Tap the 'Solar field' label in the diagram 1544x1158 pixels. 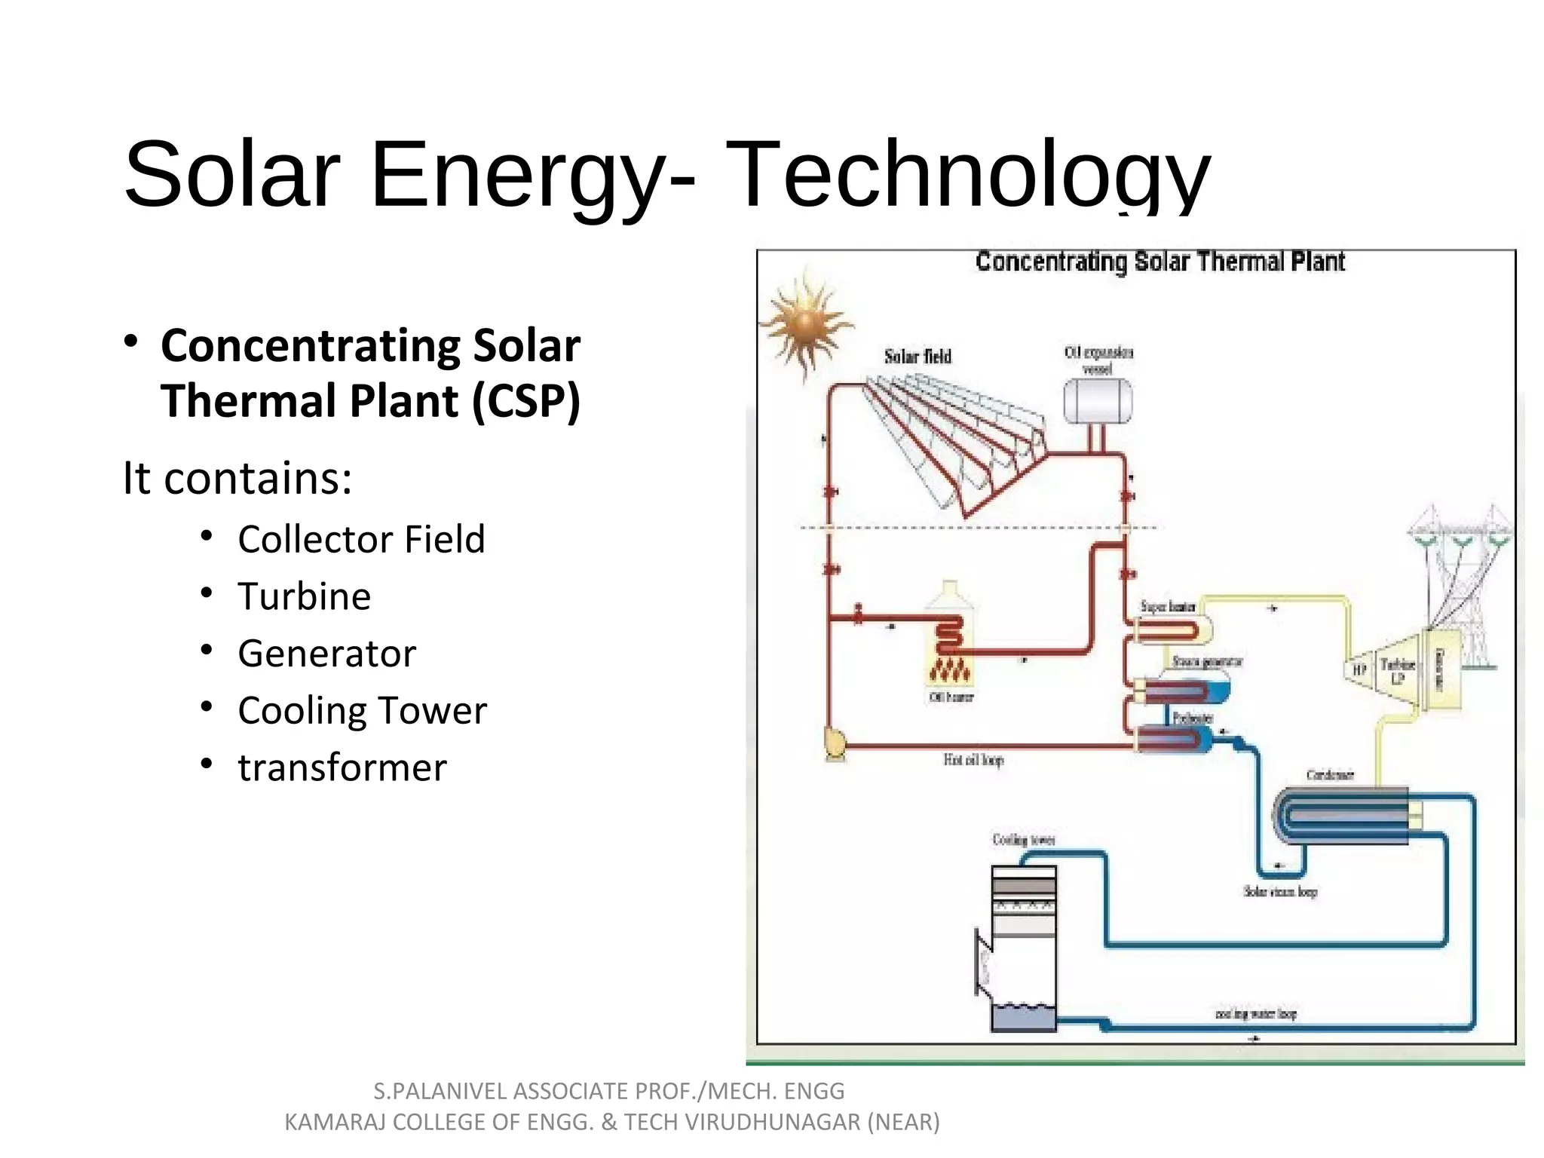pyautogui.click(x=918, y=357)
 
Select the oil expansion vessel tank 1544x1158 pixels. pyautogui.click(x=1097, y=401)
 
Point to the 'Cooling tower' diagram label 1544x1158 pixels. pyautogui.click(x=1023, y=840)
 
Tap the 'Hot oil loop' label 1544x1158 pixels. pyautogui.click(x=973, y=760)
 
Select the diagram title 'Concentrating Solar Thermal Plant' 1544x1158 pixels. pyautogui.click(x=1160, y=262)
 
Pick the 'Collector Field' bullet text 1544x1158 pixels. pyautogui.click(x=361, y=540)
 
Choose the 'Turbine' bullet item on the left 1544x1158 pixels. pyautogui.click(x=304, y=596)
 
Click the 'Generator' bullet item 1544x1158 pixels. pyautogui.click(x=326, y=654)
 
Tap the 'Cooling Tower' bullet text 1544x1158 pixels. pyautogui.click(x=362, y=711)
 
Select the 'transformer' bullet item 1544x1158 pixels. pyautogui.click(x=342, y=768)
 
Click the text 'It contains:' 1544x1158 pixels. pyautogui.click(x=237, y=478)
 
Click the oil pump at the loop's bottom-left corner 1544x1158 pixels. pyautogui.click(x=835, y=743)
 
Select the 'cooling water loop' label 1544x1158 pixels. pyautogui.click(x=1255, y=1014)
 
